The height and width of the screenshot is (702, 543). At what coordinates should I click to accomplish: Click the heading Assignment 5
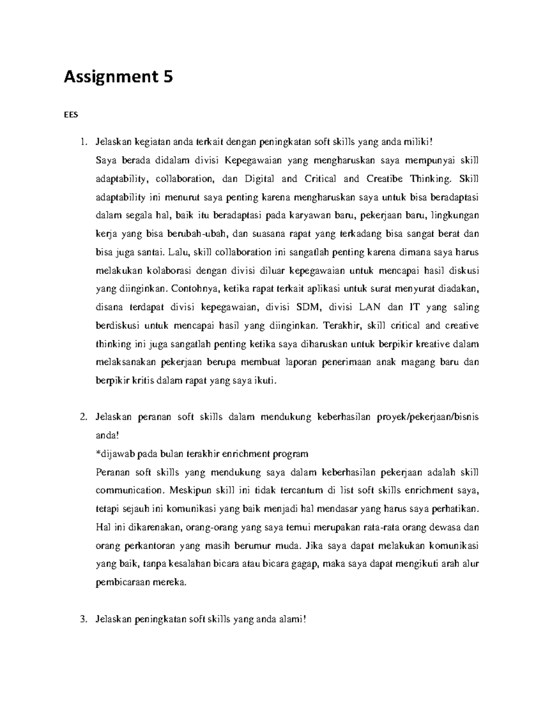point(118,77)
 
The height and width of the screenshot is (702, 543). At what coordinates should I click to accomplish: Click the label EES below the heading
point(71,115)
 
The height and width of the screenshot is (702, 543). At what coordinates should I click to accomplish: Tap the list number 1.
point(82,142)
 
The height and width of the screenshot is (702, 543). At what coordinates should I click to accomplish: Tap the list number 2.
point(82,417)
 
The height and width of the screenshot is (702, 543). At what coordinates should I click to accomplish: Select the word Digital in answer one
point(259,179)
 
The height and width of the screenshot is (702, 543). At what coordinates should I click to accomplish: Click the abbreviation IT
point(414,308)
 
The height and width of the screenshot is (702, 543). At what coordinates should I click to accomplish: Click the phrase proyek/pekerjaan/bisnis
point(427,417)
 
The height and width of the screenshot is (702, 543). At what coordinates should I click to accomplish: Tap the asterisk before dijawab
point(98,453)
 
